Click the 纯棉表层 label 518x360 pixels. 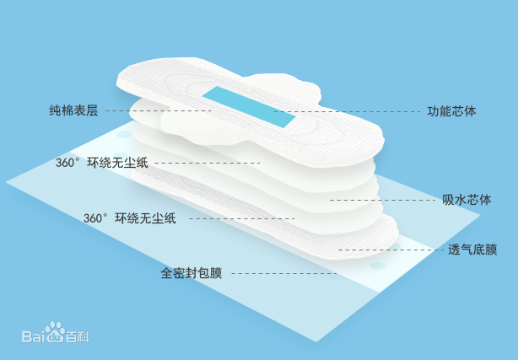point(73,110)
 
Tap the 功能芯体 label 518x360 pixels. point(451,111)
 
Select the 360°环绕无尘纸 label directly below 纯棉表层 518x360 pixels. point(102,163)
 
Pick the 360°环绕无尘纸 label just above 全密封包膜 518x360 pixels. point(130,218)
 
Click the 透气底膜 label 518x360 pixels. point(472,250)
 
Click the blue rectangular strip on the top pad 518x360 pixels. point(252,106)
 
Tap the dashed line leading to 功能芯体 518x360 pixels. point(346,111)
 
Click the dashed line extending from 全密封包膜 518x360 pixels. point(283,273)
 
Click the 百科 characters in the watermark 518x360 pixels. point(78,337)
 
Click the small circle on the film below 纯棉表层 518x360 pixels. point(123,133)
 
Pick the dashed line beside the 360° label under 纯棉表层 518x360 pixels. point(207,163)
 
